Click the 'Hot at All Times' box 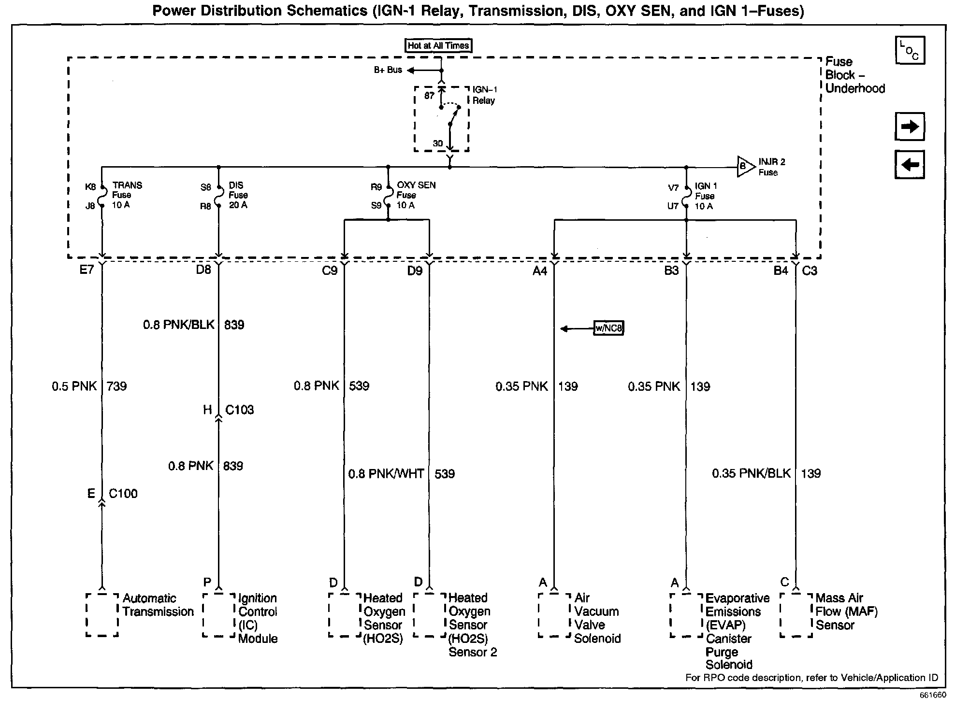pos(438,45)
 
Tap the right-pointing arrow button pos(910,127)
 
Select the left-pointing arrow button pos(910,165)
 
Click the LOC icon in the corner pos(910,50)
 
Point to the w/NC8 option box pos(608,328)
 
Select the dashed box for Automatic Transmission pos(102,614)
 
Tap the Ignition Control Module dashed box pos(218,614)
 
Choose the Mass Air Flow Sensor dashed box pos(796,614)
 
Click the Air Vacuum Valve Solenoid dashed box pos(554,614)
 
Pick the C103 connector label pos(239,410)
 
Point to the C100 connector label pos(123,494)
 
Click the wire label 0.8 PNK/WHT pos(386,474)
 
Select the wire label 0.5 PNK pos(74,386)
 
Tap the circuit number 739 pos(116,386)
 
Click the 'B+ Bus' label pos(388,70)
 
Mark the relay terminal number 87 pos(429,96)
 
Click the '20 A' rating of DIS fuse pos(238,205)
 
